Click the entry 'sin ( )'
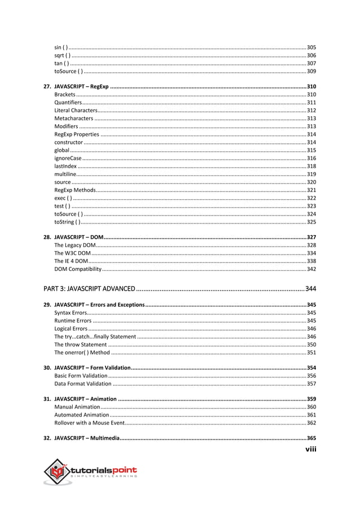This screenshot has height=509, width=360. coord(62,47)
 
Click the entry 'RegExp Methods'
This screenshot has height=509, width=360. coord(75,191)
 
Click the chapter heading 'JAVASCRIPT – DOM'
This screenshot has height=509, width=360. coord(78,238)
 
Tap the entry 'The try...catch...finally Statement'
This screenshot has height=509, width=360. coord(95,336)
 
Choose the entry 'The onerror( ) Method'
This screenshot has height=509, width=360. coord(82,352)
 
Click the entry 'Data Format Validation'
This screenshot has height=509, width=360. coord(83,384)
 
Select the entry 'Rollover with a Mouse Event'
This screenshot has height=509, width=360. coord(89,423)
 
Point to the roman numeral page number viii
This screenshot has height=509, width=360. coord(310,449)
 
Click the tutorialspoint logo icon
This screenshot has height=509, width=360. coord(56,471)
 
